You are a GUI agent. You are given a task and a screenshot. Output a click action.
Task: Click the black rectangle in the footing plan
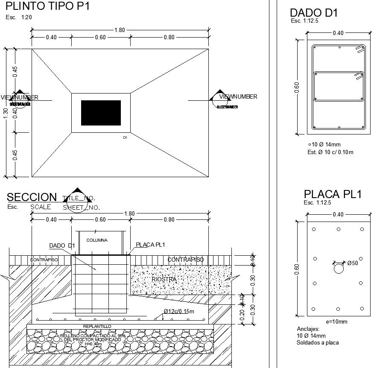point(101,113)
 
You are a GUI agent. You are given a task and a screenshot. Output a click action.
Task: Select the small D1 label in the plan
point(125,137)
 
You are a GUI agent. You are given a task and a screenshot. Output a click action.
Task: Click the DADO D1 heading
point(313,13)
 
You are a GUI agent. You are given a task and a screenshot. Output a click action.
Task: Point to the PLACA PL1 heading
point(333,194)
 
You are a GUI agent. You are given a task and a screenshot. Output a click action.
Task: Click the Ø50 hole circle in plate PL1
point(338,269)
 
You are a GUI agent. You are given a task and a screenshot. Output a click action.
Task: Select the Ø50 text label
point(353,263)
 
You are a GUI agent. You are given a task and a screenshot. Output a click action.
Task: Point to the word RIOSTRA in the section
point(164,279)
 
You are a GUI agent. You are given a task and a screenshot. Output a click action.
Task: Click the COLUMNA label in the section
point(97,240)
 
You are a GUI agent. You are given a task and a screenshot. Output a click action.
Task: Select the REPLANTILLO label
point(97,326)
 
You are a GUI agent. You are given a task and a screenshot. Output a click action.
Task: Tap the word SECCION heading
point(32,197)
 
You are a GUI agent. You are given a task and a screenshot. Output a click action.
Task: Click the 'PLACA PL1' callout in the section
point(150,245)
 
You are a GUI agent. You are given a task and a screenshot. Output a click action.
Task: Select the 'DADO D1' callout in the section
point(62,245)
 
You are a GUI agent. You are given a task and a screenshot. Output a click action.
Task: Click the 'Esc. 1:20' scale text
point(18,18)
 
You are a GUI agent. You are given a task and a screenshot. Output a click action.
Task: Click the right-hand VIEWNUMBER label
point(238,97)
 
